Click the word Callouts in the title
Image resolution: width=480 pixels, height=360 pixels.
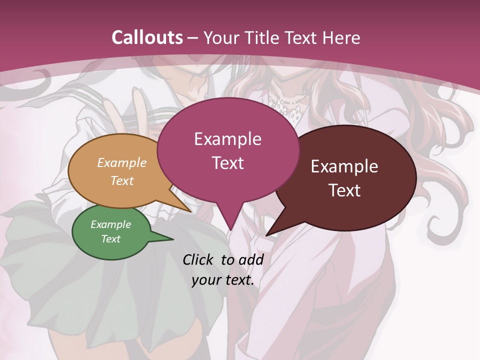(x=147, y=37)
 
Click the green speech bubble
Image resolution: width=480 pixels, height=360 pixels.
(x=111, y=232)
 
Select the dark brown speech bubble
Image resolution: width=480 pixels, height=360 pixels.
(x=350, y=178)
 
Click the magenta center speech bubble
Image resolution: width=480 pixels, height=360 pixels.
(x=227, y=150)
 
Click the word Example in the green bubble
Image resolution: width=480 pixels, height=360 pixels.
(x=110, y=224)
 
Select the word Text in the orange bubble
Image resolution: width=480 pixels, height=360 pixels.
(x=122, y=180)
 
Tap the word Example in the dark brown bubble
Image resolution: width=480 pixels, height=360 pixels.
(x=344, y=166)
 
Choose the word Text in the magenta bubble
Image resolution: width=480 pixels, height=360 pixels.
(x=227, y=163)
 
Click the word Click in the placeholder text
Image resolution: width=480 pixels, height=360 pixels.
(x=198, y=259)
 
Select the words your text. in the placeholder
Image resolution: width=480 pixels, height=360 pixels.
(x=223, y=280)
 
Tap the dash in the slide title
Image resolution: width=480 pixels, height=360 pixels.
(x=193, y=38)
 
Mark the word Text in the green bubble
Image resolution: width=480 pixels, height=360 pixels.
(x=110, y=239)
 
